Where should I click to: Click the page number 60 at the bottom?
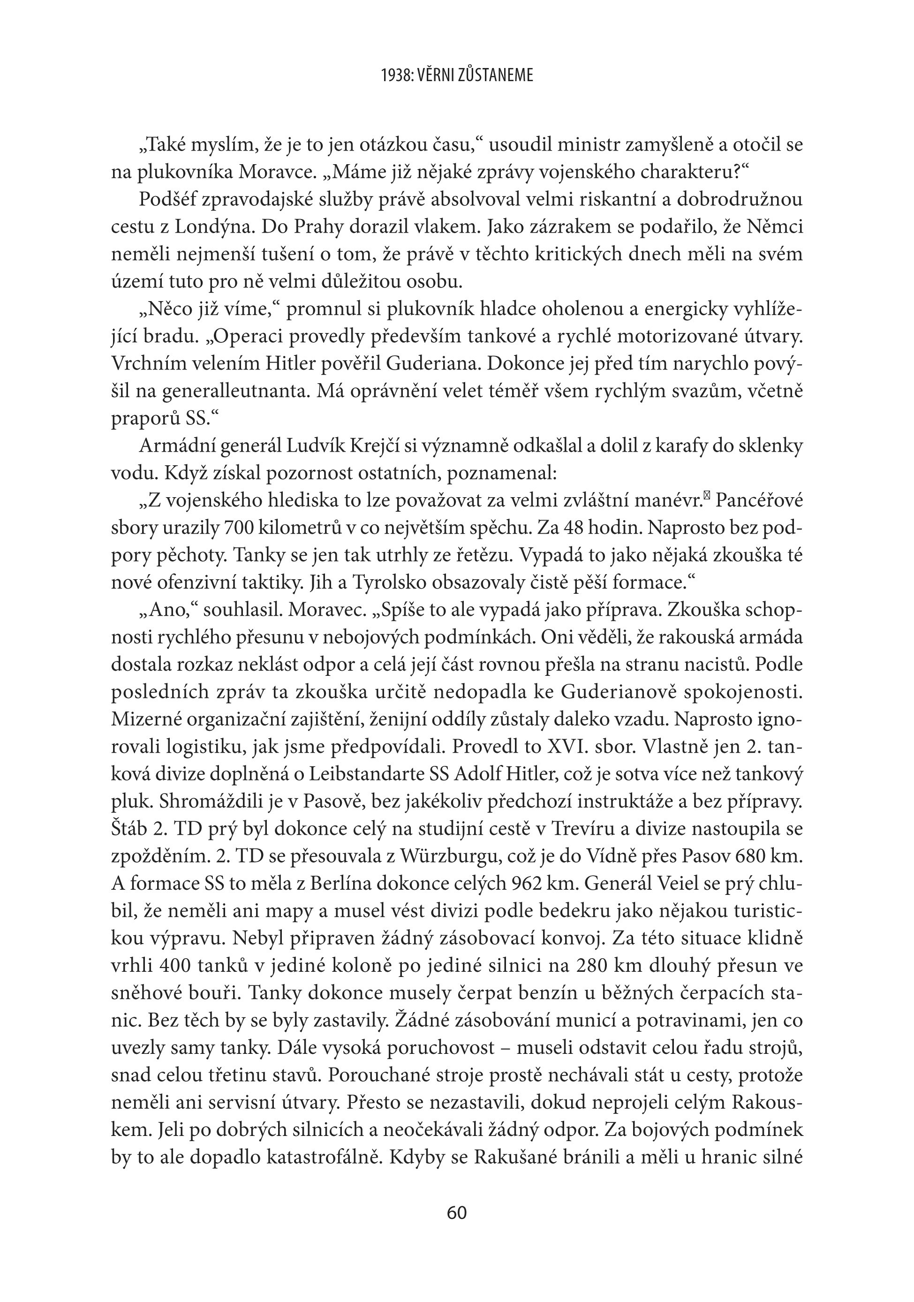(456, 1212)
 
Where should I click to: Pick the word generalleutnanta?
(231, 391)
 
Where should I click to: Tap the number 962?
(529, 884)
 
